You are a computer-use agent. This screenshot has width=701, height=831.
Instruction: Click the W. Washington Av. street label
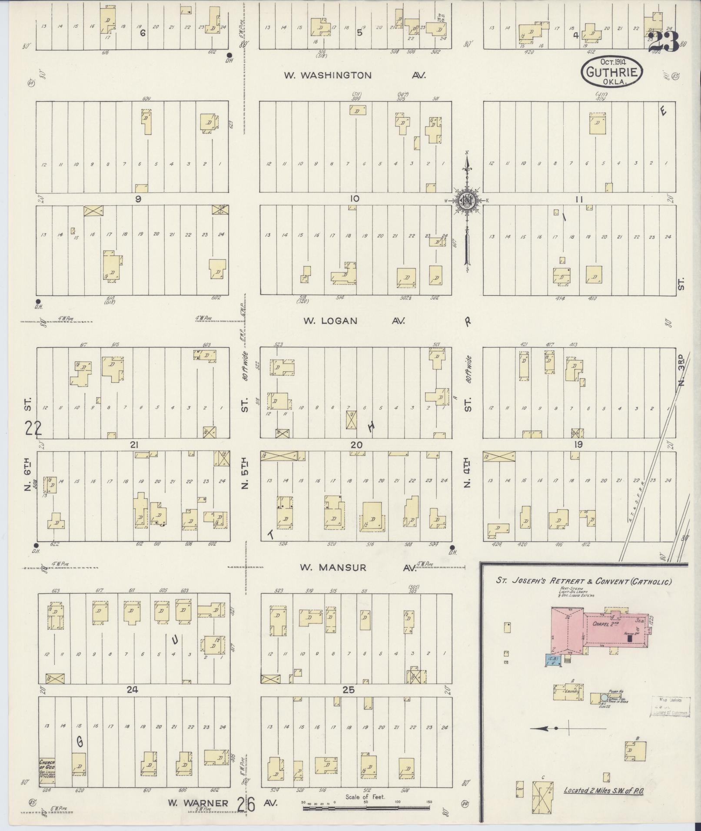click(354, 76)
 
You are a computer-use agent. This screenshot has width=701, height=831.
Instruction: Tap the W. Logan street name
click(330, 321)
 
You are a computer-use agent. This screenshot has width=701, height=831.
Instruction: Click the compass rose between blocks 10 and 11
click(466, 201)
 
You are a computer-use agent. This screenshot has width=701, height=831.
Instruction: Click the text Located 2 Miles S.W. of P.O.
click(603, 790)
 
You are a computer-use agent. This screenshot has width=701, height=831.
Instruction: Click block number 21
click(134, 445)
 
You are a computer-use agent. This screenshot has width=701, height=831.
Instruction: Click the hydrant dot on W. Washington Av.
click(229, 55)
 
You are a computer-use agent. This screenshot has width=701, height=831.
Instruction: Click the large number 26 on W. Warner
click(246, 804)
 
